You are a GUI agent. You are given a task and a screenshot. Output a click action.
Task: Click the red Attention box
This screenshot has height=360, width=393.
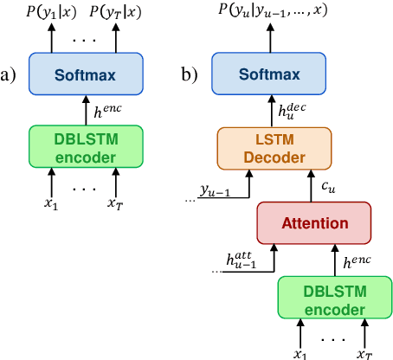312,223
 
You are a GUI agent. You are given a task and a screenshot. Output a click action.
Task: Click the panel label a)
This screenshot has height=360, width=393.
10,74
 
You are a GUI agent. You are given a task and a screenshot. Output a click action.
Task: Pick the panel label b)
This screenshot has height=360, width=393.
190,74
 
